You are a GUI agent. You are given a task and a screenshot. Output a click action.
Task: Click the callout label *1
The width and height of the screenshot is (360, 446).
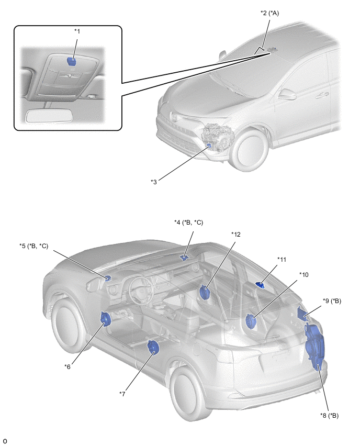pos(77,31)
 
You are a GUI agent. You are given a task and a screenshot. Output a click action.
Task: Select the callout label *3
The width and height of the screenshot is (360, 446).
pos(154,182)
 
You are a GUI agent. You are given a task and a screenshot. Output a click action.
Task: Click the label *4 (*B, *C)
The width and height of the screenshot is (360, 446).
pos(188,223)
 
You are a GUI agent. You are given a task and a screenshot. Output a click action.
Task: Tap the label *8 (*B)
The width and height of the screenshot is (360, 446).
pos(329,416)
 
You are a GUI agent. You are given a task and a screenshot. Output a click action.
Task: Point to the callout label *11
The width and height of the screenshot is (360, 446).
pos(282,259)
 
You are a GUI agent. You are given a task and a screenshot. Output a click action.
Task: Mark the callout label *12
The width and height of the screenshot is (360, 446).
pos(236,235)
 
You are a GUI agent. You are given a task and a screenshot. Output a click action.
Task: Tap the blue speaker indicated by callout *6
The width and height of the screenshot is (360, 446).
pos(105,318)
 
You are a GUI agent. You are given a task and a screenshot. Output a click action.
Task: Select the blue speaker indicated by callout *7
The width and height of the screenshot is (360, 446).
pos(153,348)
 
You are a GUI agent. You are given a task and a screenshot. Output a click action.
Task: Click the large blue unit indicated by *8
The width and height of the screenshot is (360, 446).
pos(315,345)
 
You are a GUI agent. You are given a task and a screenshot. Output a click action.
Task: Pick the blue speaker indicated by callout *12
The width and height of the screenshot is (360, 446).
pos(205,292)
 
